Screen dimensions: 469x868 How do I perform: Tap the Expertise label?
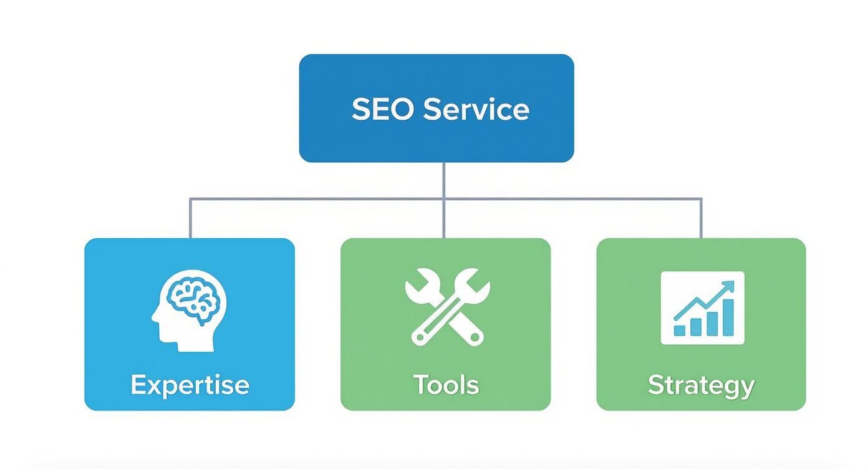click(190, 384)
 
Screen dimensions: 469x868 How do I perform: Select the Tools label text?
click(446, 384)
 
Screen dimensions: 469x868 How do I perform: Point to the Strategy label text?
click(701, 385)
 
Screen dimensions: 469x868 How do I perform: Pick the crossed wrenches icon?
click(446, 306)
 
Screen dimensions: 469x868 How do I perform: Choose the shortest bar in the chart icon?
click(680, 329)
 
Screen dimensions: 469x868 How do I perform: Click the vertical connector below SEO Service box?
click(443, 180)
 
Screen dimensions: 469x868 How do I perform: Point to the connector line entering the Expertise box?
click(190, 219)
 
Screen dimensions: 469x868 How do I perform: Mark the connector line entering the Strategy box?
click(702, 219)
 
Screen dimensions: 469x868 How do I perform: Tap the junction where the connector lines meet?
click(443, 200)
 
